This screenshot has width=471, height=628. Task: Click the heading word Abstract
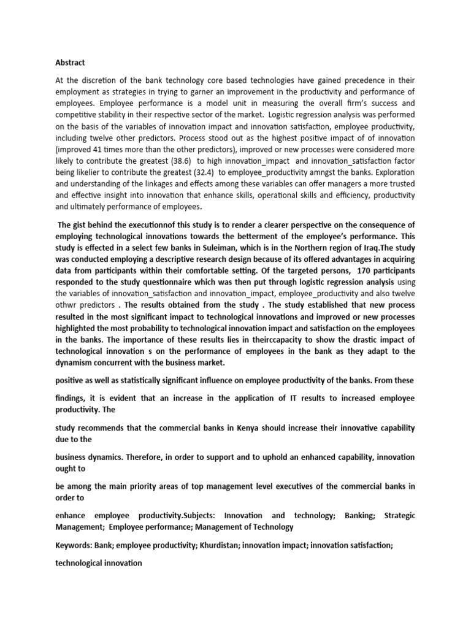(71, 63)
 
